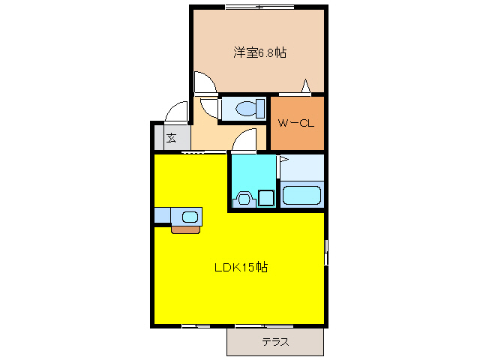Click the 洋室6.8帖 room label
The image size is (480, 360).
[259, 52]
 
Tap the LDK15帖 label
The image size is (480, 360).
[240, 267]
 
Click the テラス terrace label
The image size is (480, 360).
[275, 342]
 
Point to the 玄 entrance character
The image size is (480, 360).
[171, 138]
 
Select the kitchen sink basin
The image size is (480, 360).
[190, 217]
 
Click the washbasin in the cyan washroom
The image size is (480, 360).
[243, 199]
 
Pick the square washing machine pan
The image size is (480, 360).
[265, 199]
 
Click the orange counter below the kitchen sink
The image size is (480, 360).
[186, 229]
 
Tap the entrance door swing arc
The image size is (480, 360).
[177, 112]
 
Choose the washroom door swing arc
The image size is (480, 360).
[245, 139]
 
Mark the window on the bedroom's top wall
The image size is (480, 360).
[259, 7]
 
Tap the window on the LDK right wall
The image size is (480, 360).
[326, 251]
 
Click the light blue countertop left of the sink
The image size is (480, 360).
[163, 216]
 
